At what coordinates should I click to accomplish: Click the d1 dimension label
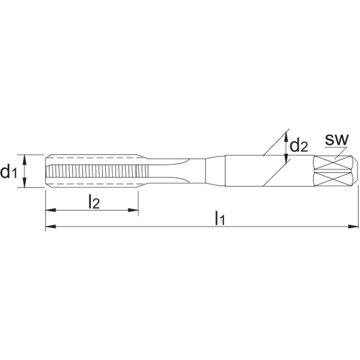pos(9,171)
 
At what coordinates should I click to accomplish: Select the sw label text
pos(337,139)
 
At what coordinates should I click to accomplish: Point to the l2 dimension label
pos(94,201)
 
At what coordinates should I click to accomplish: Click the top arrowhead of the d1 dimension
pos(25,160)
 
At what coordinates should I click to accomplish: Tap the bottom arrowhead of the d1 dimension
pos(25,182)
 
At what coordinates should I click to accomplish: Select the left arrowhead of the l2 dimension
pos(51,210)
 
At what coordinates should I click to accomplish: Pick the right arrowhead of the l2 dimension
pos(133,210)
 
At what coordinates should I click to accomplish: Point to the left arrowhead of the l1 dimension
pos(51,227)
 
